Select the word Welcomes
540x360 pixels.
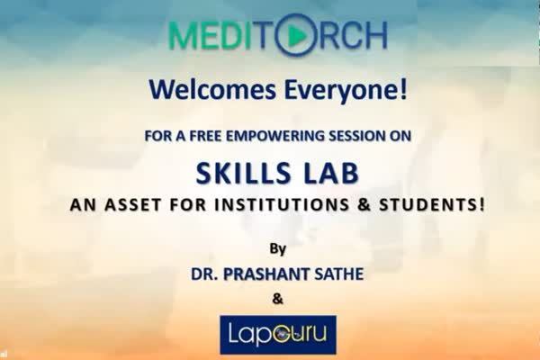(212, 89)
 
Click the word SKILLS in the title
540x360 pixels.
(244, 174)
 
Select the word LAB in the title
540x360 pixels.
(331, 174)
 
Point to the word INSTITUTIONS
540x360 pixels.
(282, 204)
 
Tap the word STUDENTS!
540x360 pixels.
(432, 204)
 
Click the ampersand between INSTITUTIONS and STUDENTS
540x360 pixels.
(364, 204)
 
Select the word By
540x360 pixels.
(277, 249)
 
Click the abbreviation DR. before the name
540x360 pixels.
(204, 274)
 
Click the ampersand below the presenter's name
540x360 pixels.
(277, 299)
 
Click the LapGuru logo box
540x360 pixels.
(278, 335)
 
